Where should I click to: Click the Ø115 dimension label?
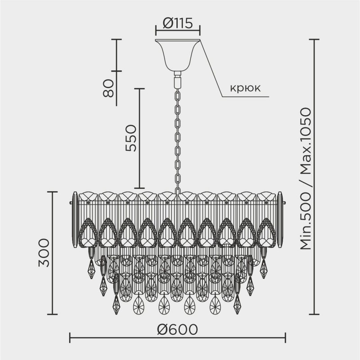point(178,23)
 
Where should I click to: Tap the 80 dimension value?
point(108,88)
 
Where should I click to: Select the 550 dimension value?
point(131,138)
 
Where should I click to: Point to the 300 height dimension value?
point(44,253)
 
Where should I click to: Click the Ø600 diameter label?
point(177,329)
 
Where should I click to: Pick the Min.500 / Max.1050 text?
point(306,179)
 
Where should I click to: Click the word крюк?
point(245,88)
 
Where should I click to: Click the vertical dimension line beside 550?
point(139,138)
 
